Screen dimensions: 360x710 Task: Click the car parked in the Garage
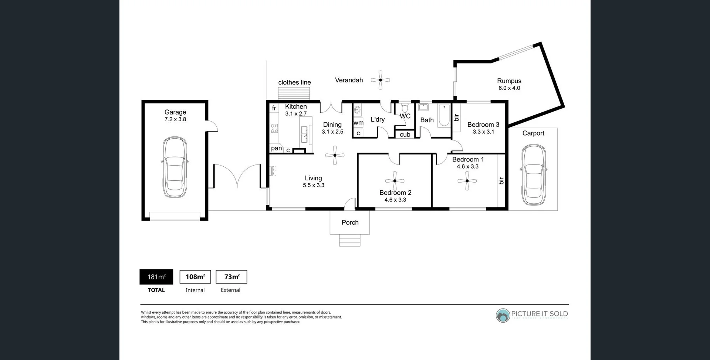coord(175,167)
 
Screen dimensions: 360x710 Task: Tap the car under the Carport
coord(533,175)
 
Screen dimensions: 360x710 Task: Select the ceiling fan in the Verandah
coord(380,80)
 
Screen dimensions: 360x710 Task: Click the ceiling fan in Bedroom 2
coord(395,181)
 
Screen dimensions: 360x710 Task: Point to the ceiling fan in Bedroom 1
coord(467,181)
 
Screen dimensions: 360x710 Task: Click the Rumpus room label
coord(509,81)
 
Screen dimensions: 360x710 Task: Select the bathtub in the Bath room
coord(444,115)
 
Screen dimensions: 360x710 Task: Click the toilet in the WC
coord(405,108)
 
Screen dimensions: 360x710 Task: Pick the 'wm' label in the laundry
coord(358,123)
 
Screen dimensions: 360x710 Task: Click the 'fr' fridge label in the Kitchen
coord(274,108)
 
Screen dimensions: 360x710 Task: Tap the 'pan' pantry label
coord(276,148)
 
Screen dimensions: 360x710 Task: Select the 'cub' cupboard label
coord(405,135)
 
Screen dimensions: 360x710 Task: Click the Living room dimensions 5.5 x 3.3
coord(313,185)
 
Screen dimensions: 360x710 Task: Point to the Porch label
coord(350,223)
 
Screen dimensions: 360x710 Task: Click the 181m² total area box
coord(156,277)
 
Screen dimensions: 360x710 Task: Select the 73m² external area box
coord(231,277)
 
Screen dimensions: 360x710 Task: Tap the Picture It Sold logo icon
coord(503,315)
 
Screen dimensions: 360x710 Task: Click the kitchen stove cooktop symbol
coord(274,128)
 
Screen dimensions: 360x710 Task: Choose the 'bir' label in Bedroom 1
coord(501,181)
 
